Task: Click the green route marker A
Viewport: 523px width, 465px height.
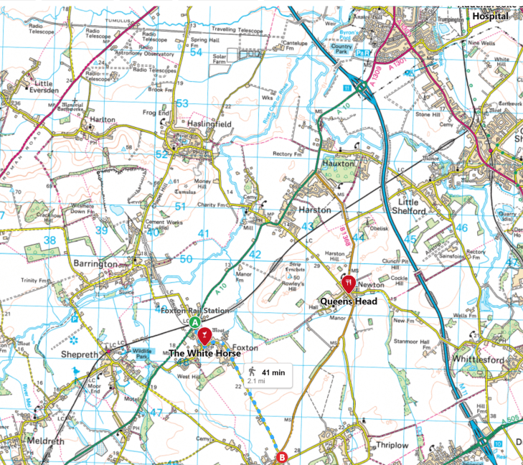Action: [194, 323]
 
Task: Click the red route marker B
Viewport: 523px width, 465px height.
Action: [282, 456]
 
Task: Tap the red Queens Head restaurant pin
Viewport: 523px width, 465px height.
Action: [349, 283]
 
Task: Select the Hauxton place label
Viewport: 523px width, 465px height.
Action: [339, 164]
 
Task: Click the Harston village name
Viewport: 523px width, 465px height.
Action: [315, 210]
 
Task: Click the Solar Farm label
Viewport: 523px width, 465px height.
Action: [220, 58]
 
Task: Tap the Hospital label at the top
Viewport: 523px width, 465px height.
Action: [490, 16]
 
